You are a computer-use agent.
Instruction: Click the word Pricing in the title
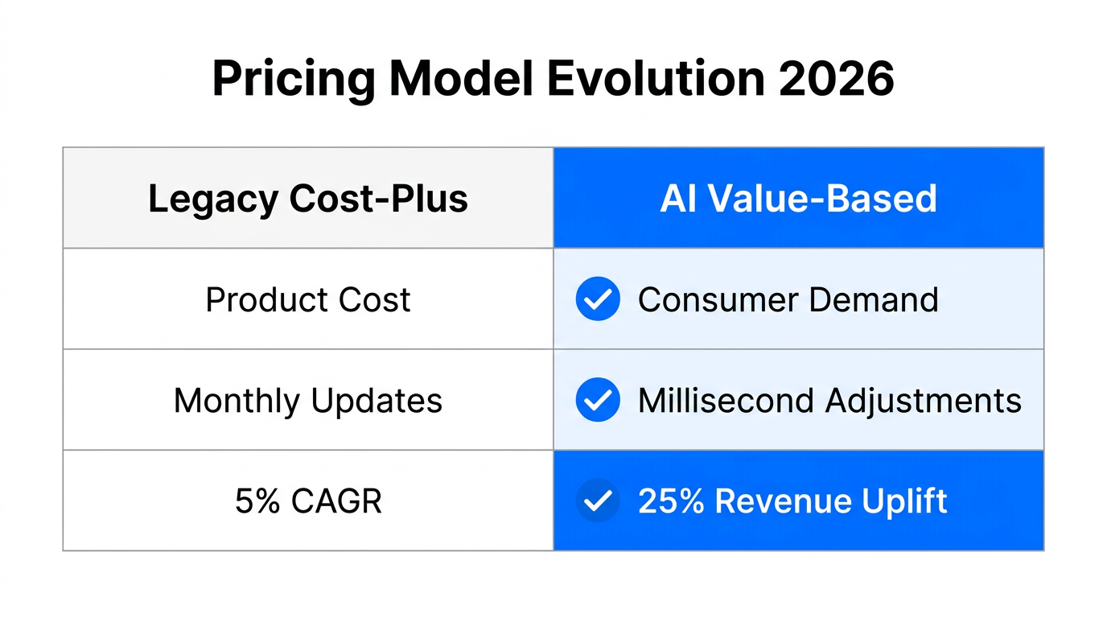[x=294, y=80]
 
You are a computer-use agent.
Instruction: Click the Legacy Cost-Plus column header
[x=308, y=199]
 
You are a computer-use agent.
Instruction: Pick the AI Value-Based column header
[x=798, y=199]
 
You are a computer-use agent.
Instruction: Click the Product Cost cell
[x=308, y=300]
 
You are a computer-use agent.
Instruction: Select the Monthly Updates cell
[x=308, y=401]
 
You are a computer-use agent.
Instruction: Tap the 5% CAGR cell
[x=308, y=501]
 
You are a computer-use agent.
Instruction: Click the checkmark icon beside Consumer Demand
[x=598, y=299]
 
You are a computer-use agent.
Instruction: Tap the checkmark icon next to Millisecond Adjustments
[x=598, y=400]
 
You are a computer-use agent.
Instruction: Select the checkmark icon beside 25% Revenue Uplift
[x=598, y=501]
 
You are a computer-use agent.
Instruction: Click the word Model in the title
[x=457, y=78]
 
